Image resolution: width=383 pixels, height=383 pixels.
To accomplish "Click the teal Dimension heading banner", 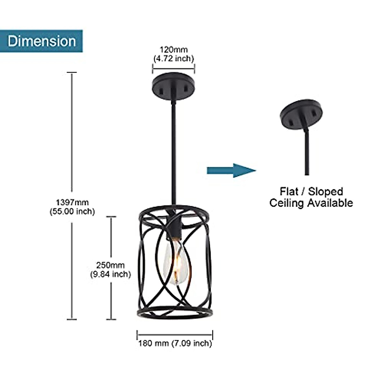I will [41, 41].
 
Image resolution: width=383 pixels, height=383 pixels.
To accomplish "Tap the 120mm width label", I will [174, 50].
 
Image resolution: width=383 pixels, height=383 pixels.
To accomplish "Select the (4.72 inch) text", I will [174, 58].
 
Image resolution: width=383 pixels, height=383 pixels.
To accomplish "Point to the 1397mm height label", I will [72, 202].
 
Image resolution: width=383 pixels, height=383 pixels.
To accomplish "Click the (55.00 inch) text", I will [72, 211].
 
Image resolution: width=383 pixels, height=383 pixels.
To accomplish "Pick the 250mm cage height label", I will [110, 265].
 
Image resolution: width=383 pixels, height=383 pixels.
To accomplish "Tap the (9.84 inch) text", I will [110, 274].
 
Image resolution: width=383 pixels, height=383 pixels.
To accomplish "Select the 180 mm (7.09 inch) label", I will [175, 343].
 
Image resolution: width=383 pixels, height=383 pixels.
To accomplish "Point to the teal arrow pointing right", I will [231, 170].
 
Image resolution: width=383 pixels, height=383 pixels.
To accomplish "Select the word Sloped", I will [326, 191].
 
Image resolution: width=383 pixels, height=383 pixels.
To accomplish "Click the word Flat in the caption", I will [289, 191].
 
